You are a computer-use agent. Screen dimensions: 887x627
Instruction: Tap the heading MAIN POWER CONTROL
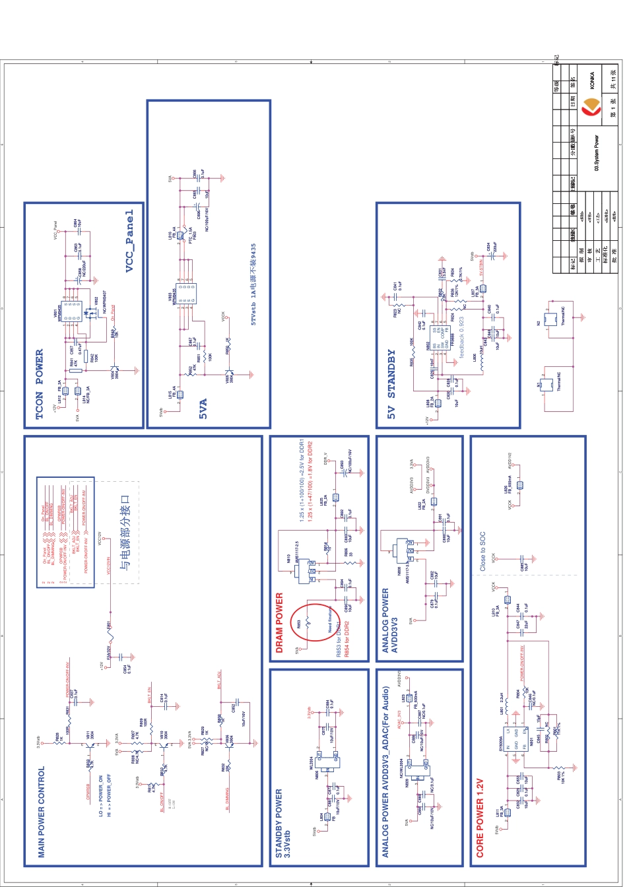click(x=41, y=812)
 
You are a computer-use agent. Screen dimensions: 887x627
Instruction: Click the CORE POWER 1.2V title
click(x=480, y=818)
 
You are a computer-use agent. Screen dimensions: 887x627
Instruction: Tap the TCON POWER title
click(x=40, y=384)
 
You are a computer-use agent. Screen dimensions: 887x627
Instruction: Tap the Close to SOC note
click(x=482, y=552)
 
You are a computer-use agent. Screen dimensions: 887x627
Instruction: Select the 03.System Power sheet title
click(x=597, y=153)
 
